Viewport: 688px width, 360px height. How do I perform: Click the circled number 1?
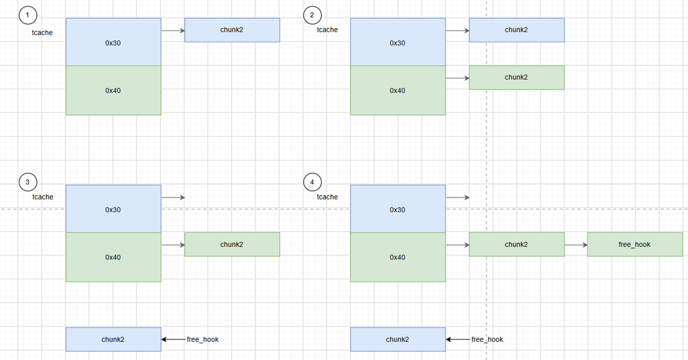28,15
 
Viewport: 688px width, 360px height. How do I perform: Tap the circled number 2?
312,15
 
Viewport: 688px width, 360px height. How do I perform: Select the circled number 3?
28,182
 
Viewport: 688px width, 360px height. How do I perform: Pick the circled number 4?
312,182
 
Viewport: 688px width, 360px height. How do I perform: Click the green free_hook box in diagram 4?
635,244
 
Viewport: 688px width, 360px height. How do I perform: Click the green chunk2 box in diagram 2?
517,78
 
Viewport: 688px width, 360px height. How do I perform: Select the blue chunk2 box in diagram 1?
232,30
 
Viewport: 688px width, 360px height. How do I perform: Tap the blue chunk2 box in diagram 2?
517,30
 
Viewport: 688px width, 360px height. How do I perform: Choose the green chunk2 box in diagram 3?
232,244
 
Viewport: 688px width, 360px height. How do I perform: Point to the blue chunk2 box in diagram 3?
113,339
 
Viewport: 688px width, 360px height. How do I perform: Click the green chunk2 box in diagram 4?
517,244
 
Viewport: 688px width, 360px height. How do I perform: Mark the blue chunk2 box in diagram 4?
398,339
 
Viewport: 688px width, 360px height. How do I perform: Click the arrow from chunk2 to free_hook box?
576,244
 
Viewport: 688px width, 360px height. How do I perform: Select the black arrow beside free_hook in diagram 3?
173,339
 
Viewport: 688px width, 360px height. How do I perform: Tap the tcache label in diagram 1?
42,32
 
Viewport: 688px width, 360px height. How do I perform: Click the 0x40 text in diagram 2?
398,91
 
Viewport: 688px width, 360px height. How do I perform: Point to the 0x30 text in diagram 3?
113,210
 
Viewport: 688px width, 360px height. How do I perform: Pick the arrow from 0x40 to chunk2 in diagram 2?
457,78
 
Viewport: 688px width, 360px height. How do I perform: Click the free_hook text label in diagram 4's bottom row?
487,339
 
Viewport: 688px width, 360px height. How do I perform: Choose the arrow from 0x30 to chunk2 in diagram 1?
173,31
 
